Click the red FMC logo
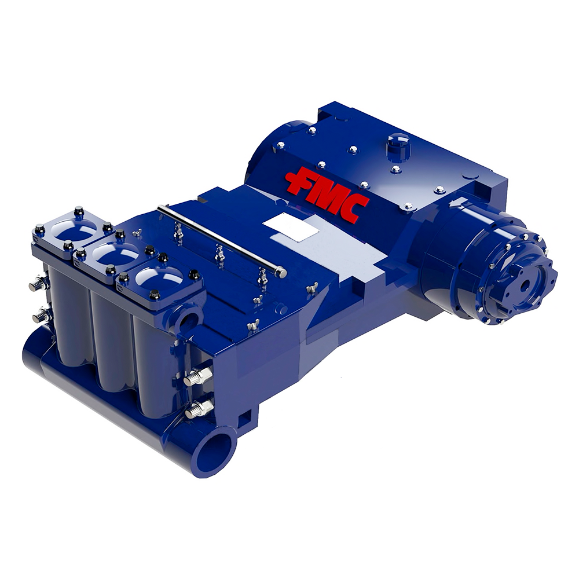327,194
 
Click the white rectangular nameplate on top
291,227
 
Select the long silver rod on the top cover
222,240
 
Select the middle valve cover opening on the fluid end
115,254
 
